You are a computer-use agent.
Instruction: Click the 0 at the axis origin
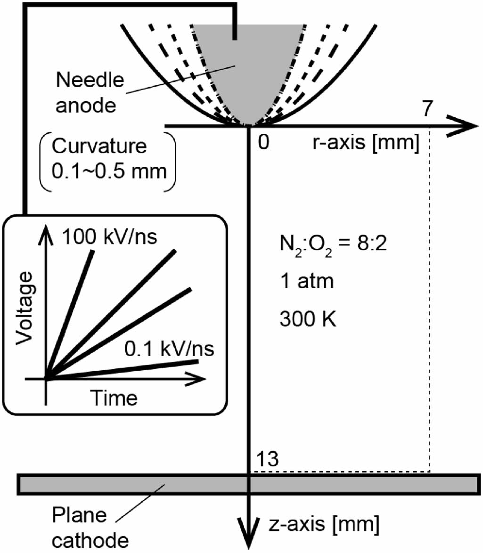pyautogui.click(x=264, y=142)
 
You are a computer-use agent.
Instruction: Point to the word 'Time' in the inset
pyautogui.click(x=114, y=398)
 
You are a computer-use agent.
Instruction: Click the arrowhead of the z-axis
pyautogui.click(x=248, y=537)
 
